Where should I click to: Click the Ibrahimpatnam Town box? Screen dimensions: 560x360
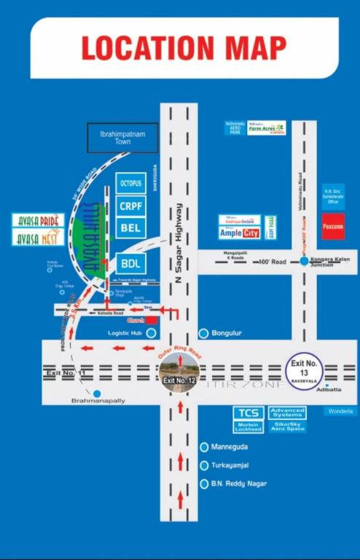122,138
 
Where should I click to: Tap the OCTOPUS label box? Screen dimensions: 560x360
131,183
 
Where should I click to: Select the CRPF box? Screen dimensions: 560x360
131,206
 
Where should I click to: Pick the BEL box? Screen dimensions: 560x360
131,227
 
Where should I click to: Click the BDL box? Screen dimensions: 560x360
131,263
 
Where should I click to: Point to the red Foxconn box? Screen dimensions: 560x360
333,227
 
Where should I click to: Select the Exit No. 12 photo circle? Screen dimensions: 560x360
179,373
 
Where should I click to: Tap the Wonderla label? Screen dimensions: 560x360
340,412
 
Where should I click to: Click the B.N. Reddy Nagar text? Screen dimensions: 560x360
238,483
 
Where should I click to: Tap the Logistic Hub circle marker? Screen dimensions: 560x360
151,333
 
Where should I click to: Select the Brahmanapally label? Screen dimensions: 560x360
98,401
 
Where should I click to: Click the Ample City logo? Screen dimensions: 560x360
240,233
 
